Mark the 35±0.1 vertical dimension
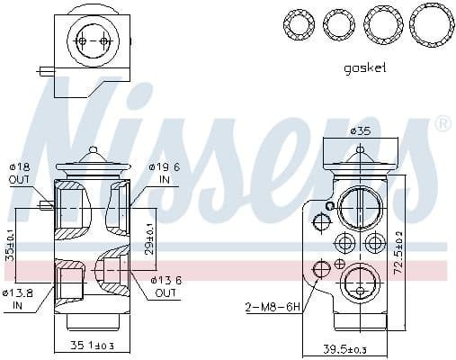tap(10, 245)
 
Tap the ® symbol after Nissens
tap(443, 123)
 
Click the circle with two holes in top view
tap(94, 42)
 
